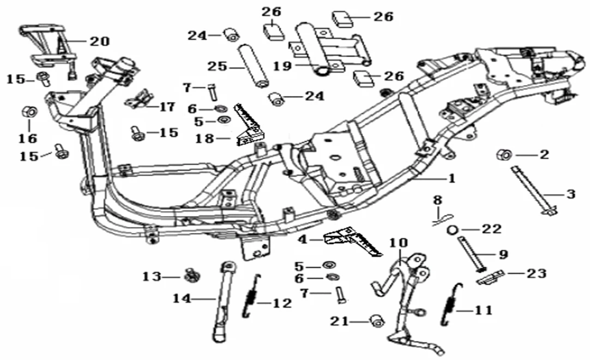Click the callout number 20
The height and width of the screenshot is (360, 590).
click(x=99, y=41)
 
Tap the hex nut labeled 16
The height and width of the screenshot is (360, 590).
click(x=29, y=112)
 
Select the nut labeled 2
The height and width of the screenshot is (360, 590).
click(x=502, y=155)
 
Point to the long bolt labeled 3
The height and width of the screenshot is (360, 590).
click(x=532, y=191)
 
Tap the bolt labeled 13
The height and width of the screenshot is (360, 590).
click(x=191, y=275)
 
